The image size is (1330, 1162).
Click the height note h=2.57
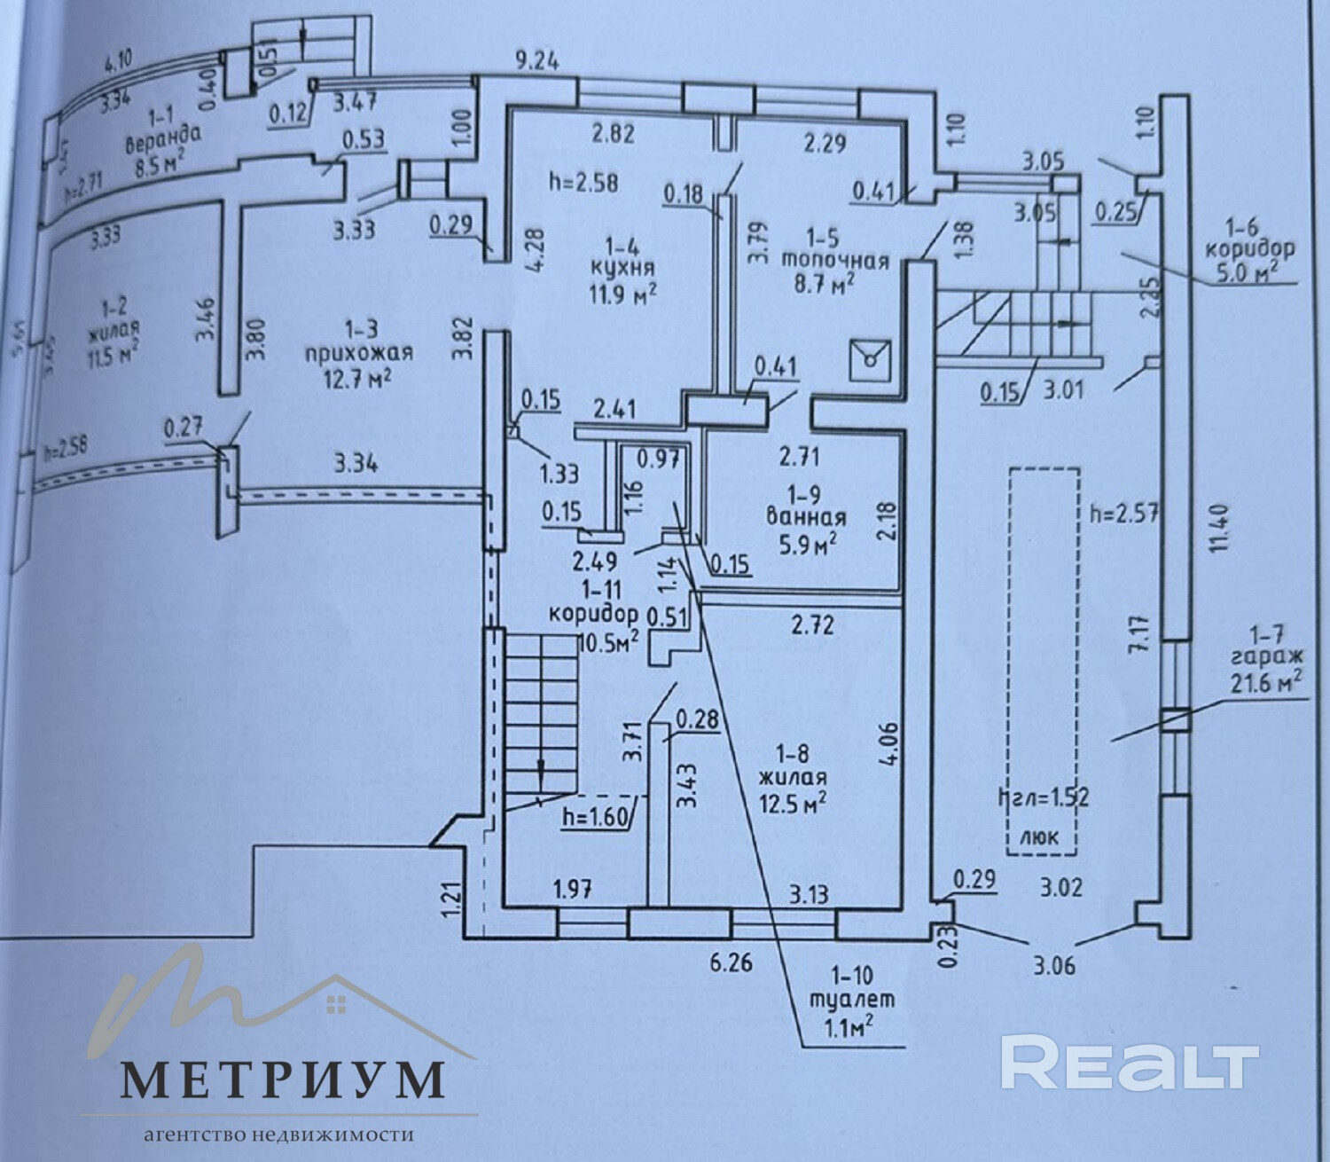pyautogui.click(x=1125, y=513)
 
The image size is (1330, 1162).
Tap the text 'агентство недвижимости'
pyautogui.click(x=279, y=1135)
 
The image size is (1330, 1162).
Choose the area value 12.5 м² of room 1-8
pyautogui.click(x=793, y=801)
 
